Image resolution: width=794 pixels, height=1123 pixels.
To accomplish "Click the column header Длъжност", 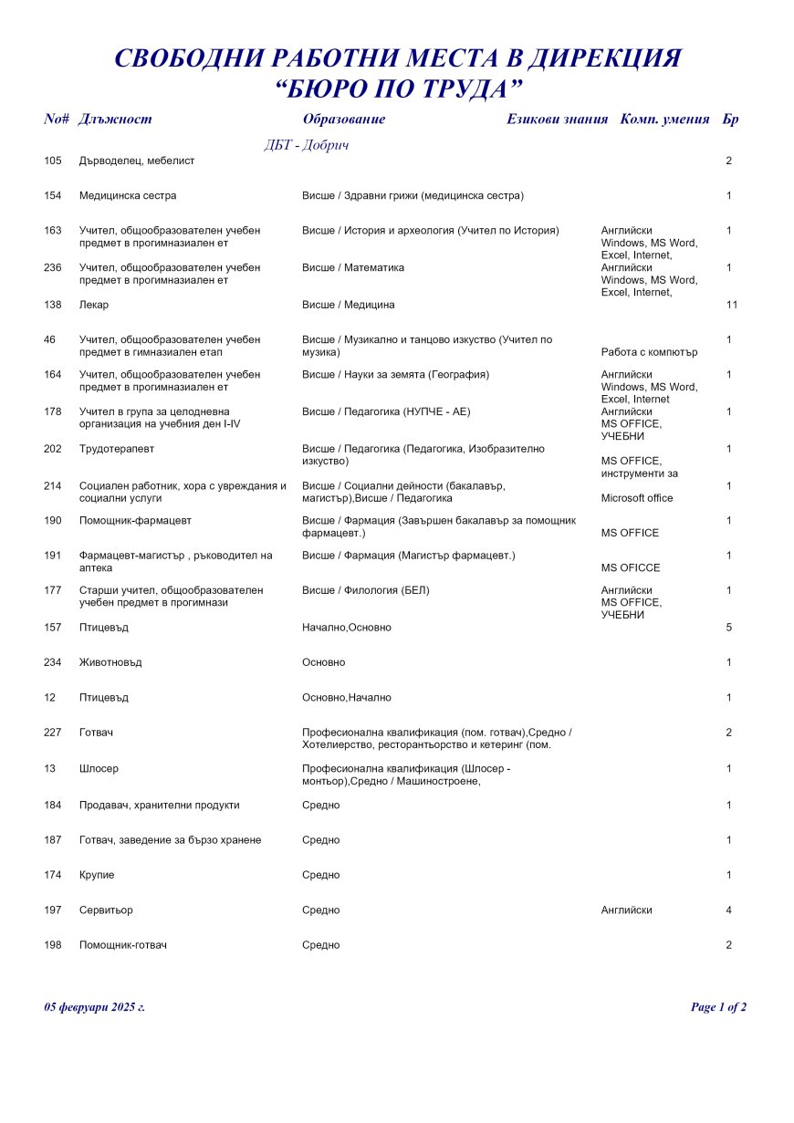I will [116, 119].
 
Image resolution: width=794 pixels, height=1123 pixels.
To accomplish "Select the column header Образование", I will [344, 119].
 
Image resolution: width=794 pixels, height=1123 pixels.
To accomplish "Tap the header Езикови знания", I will [557, 119].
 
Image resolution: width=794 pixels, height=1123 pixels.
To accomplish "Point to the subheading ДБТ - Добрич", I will [307, 145].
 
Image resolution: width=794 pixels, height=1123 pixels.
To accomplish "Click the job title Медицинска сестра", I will [128, 195].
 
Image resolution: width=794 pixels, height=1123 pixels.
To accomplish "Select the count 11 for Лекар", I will [731, 305].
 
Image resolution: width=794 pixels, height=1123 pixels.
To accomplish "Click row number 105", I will [53, 161].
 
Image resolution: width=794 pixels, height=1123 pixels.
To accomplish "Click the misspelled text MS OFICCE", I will [631, 567].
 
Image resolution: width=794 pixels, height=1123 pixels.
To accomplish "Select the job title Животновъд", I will [110, 662].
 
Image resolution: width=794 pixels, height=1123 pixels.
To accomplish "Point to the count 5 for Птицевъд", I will [729, 628].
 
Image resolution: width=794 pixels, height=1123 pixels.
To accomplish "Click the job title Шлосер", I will [99, 769].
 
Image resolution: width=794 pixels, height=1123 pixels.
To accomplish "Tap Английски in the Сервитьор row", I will [627, 910].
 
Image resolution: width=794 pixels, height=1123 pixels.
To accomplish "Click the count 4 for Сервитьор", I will [729, 910].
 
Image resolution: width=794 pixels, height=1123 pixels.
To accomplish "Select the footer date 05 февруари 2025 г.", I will [95, 1007].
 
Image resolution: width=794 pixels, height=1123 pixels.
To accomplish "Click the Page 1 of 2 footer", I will [718, 1007].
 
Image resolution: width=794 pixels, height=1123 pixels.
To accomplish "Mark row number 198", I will [53, 945].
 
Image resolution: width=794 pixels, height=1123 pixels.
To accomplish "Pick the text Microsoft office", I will [637, 498].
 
